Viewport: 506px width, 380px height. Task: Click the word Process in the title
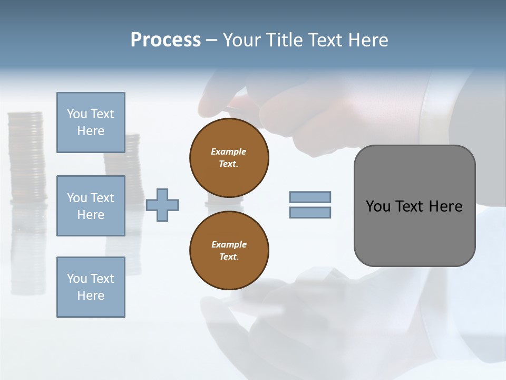click(x=166, y=40)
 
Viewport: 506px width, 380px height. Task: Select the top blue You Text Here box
click(x=91, y=122)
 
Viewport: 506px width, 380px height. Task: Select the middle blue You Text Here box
click(x=91, y=206)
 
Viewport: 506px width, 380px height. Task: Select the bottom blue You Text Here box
click(x=91, y=287)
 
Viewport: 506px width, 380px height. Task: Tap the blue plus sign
click(x=162, y=205)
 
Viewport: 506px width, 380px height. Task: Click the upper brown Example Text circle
click(x=229, y=158)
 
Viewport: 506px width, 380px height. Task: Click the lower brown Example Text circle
click(x=229, y=251)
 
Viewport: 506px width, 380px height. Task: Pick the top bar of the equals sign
click(x=310, y=197)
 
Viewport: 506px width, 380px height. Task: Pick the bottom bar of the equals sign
click(x=310, y=213)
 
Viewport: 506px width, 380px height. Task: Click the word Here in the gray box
click(x=445, y=206)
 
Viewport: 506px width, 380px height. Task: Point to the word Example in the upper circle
click(x=229, y=151)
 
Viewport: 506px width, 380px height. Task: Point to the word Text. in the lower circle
click(x=229, y=257)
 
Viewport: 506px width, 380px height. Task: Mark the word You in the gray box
click(x=377, y=206)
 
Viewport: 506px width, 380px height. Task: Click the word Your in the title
click(x=244, y=40)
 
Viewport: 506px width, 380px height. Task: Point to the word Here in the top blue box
click(x=91, y=131)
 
